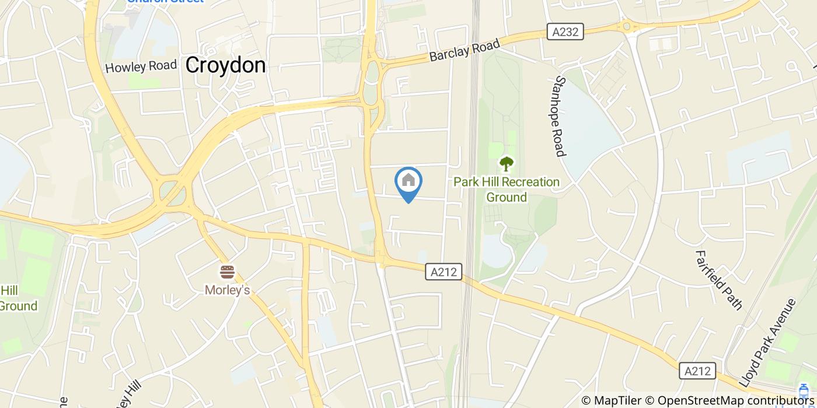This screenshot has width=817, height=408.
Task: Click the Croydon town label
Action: tap(225, 65)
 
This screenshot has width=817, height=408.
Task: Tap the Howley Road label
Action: tap(141, 66)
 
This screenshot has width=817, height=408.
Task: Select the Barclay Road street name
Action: tap(465, 50)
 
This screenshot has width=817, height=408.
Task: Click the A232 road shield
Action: tap(566, 31)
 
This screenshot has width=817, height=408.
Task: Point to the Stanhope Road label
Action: tap(561, 116)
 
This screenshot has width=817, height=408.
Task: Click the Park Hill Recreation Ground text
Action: tap(507, 189)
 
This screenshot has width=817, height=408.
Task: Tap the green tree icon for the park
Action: tap(506, 164)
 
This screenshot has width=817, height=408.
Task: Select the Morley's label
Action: tap(227, 290)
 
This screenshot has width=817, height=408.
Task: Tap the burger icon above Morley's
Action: tap(227, 272)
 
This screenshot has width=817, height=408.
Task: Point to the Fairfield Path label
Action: tap(718, 280)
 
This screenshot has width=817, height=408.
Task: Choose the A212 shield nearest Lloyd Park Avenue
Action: tap(697, 371)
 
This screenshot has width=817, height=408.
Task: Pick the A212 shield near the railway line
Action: tap(444, 271)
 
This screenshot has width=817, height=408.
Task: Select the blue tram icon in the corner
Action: tap(804, 391)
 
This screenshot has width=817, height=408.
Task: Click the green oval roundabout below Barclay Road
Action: tap(371, 73)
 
